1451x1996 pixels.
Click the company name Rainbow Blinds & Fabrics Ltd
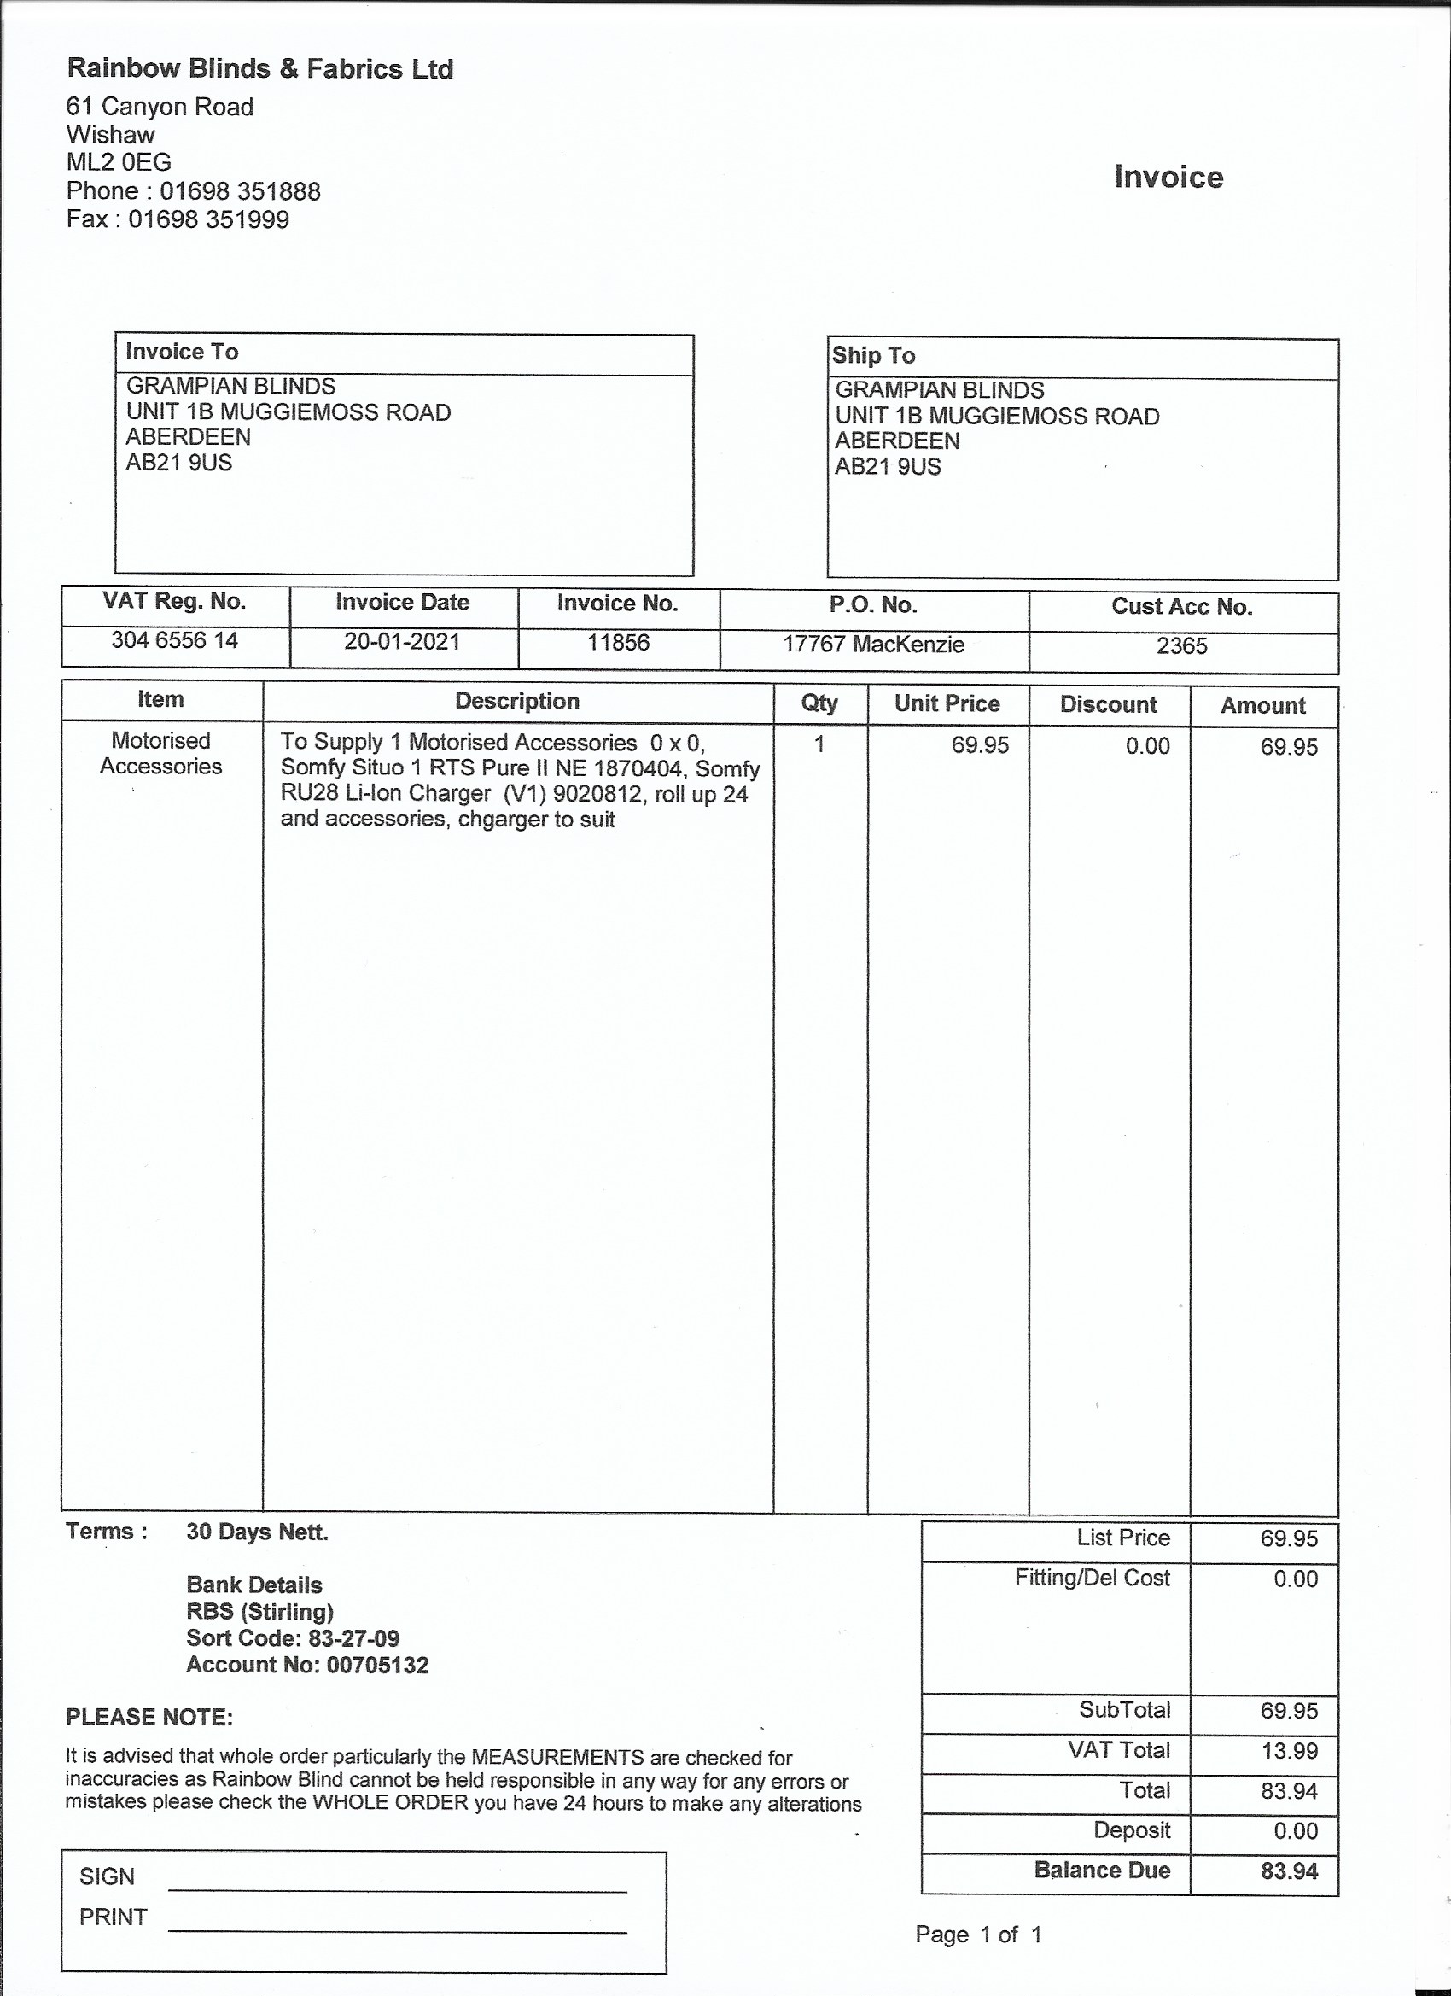coord(259,68)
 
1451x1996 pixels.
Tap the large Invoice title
coord(1168,177)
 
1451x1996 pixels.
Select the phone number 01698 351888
coord(239,191)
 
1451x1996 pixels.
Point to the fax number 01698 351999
coord(208,219)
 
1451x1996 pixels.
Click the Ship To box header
coord(874,355)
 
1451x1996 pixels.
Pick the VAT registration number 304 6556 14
coord(174,639)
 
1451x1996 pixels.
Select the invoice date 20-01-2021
coord(402,642)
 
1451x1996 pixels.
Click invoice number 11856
coord(618,643)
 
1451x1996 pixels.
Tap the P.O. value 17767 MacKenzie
coord(873,645)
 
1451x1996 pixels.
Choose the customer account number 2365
coord(1182,646)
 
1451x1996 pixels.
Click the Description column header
coord(516,702)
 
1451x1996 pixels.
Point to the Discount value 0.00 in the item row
coord(1147,746)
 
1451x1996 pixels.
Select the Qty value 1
coord(819,744)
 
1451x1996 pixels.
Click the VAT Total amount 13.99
coord(1289,1750)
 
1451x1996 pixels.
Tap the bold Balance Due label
coord(1102,1871)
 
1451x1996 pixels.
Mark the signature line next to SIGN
coord(397,1890)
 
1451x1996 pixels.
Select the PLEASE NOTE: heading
coord(149,1717)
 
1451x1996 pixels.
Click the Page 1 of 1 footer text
coord(978,1935)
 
